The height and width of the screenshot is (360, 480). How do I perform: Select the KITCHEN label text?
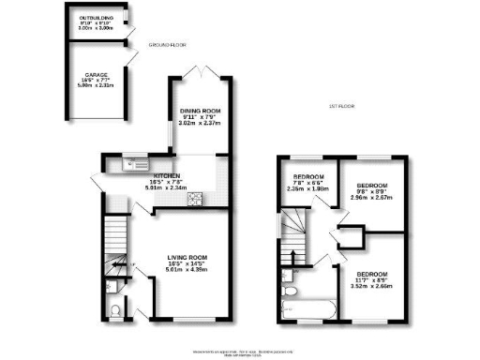pyautogui.click(x=168, y=174)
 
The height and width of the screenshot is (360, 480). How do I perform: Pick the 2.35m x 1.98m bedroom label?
pyautogui.click(x=307, y=178)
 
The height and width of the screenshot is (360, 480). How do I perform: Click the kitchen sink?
pyautogui.click(x=131, y=165)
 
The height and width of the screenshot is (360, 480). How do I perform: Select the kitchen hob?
pyautogui.click(x=198, y=198)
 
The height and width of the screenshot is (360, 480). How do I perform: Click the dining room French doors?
pyautogui.click(x=200, y=75)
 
